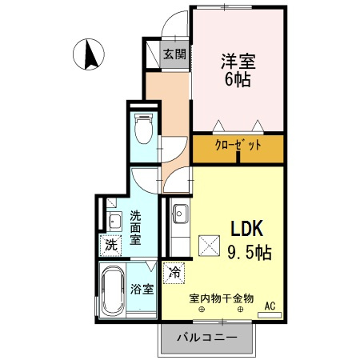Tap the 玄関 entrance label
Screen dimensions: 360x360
[175, 54]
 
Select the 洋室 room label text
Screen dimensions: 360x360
[237, 59]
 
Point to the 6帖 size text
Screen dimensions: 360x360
[237, 79]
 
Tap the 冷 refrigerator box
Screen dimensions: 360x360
[174, 272]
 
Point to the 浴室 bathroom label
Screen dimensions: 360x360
[142, 289]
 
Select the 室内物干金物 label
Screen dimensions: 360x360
[221, 298]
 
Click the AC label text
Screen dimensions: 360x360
[270, 304]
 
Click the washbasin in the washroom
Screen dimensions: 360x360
[114, 222]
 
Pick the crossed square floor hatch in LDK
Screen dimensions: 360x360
[209, 245]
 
